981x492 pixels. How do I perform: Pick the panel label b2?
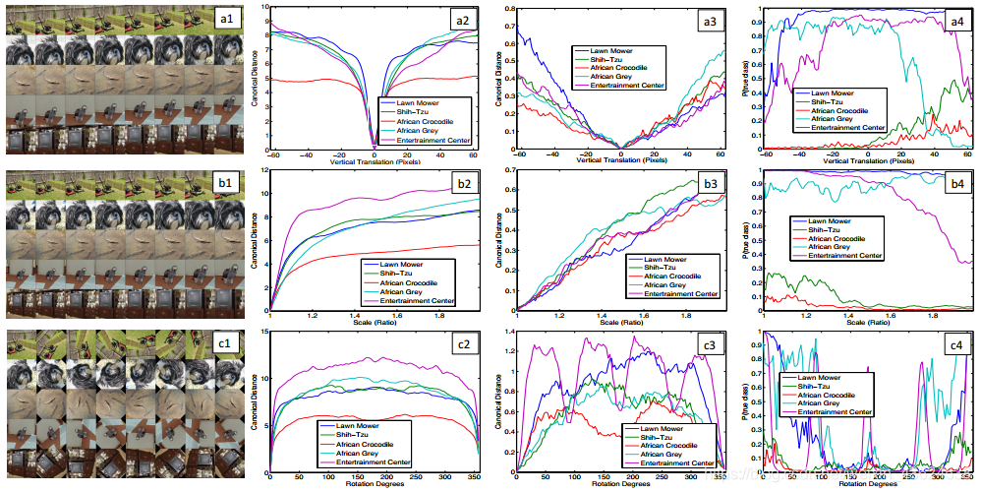pos(456,185)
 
